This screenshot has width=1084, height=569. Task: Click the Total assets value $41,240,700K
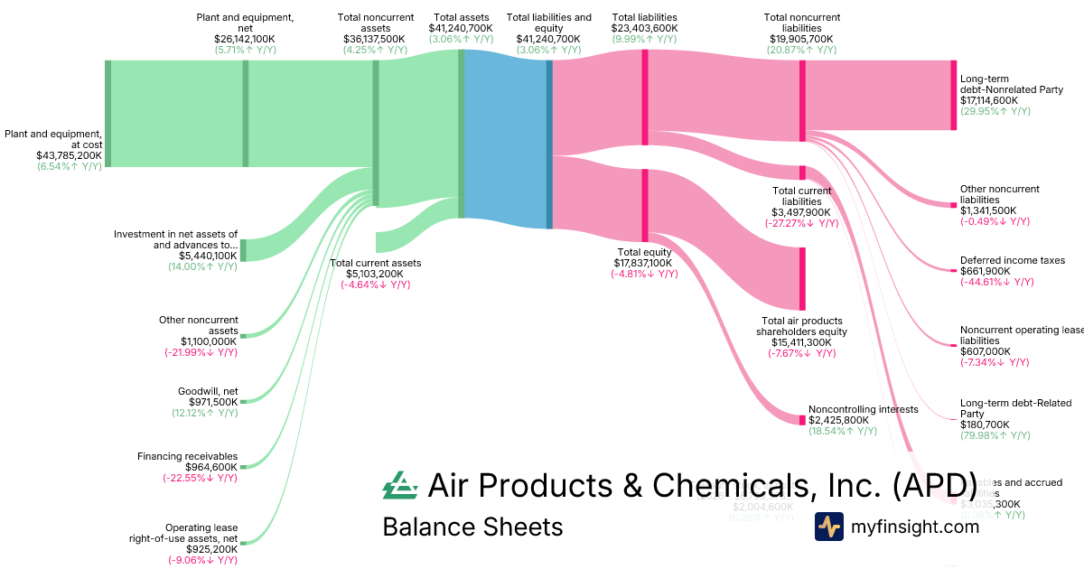(x=461, y=28)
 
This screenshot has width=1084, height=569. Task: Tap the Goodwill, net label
(x=209, y=391)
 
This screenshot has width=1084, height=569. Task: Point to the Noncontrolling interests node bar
(x=802, y=420)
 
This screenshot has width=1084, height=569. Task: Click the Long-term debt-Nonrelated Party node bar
(x=952, y=95)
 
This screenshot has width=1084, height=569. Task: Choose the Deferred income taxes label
(x=1013, y=260)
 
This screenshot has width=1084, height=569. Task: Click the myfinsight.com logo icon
(x=828, y=527)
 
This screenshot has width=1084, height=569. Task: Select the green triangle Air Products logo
(x=400, y=486)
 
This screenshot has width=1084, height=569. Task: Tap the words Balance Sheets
(x=472, y=527)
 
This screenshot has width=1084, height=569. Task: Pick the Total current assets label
(x=375, y=263)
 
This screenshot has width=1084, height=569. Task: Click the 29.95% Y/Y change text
(x=995, y=111)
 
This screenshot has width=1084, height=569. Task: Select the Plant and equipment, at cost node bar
(x=107, y=113)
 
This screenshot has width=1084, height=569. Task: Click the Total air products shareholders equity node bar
(x=801, y=278)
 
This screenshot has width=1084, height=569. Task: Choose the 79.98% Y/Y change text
(x=995, y=435)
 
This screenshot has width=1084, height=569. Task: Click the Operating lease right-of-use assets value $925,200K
(x=212, y=548)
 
